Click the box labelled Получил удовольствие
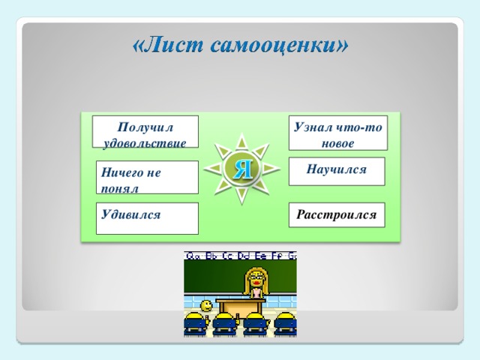[x=145, y=131]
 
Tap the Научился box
[x=337, y=170]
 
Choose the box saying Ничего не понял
[x=147, y=178]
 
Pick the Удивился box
[x=147, y=218]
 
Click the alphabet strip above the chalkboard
[x=241, y=255]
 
